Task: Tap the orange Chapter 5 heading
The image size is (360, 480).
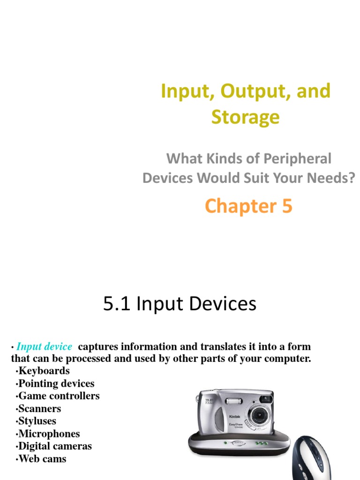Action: click(248, 206)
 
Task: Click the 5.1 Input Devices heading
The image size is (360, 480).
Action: click(180, 304)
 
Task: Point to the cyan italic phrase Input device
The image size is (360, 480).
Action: click(44, 347)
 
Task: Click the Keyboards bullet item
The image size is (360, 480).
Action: click(44, 371)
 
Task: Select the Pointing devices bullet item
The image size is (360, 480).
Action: click(56, 383)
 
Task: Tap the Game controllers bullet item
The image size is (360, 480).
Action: click(59, 396)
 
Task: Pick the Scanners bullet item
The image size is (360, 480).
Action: click(40, 409)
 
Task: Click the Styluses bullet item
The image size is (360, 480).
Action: click(37, 421)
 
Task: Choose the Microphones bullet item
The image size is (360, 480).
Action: click(49, 434)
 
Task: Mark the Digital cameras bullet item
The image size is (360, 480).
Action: click(55, 446)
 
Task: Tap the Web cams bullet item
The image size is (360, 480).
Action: click(42, 459)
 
